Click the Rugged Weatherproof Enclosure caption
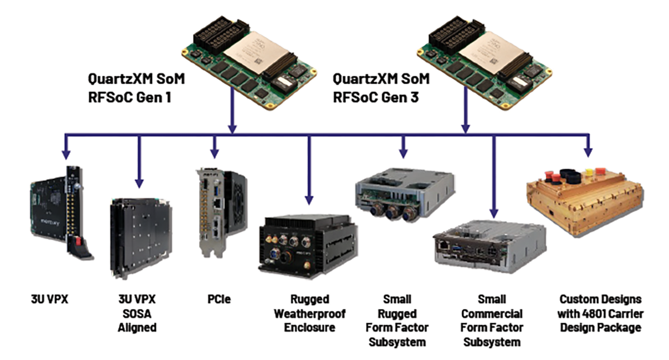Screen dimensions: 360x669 pyautogui.click(x=309, y=313)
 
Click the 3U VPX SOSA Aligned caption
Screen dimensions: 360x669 pyautogui.click(x=137, y=313)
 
